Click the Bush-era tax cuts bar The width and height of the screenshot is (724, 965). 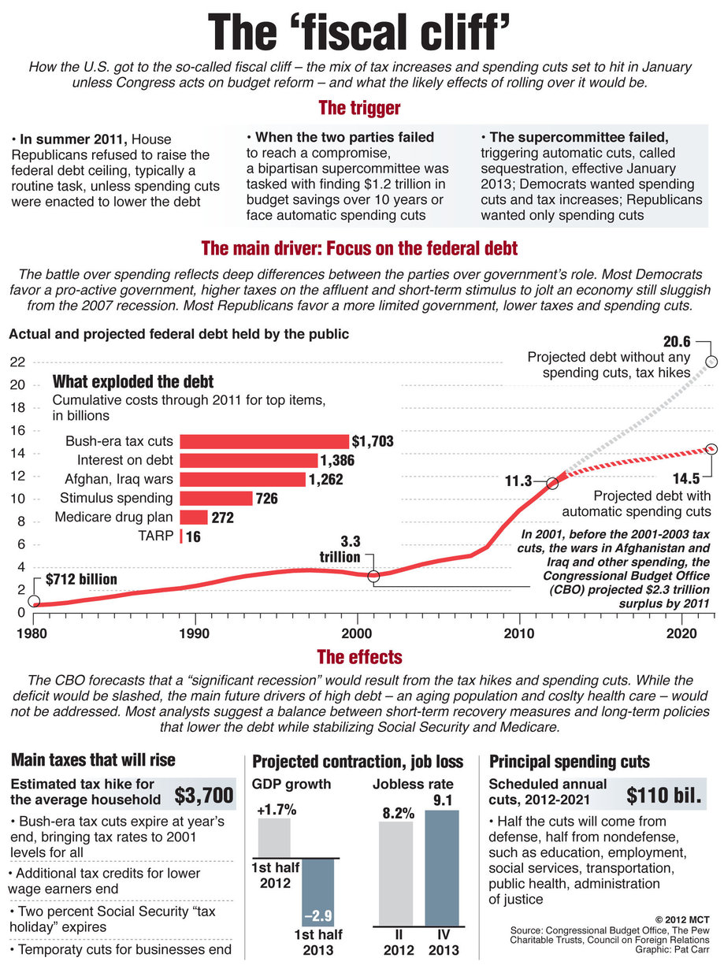tap(264, 441)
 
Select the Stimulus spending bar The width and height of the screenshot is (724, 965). tap(216, 498)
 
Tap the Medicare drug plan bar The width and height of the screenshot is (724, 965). tap(194, 517)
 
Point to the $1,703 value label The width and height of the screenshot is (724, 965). tap(373, 442)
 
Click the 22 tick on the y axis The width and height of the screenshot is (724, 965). tap(16, 362)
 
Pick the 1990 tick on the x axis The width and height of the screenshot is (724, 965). tap(194, 632)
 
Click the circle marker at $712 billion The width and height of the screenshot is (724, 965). tap(34, 601)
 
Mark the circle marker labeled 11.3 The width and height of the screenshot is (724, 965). tap(552, 482)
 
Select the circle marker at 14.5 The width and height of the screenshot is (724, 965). tap(711, 448)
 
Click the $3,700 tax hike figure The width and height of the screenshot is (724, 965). tap(203, 794)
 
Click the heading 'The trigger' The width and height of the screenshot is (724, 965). tap(359, 108)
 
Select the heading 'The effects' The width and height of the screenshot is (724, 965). tap(359, 656)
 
